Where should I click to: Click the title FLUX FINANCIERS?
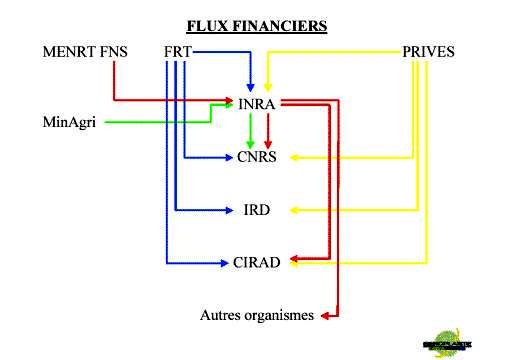click(257, 24)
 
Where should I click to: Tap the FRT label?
click(178, 51)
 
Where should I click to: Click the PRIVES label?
click(428, 51)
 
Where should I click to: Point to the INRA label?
click(258, 102)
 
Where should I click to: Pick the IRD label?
click(256, 210)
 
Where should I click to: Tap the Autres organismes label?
click(258, 316)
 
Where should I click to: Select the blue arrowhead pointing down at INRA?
click(250, 87)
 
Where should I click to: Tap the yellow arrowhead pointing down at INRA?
click(267, 87)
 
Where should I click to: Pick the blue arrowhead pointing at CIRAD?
click(225, 262)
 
